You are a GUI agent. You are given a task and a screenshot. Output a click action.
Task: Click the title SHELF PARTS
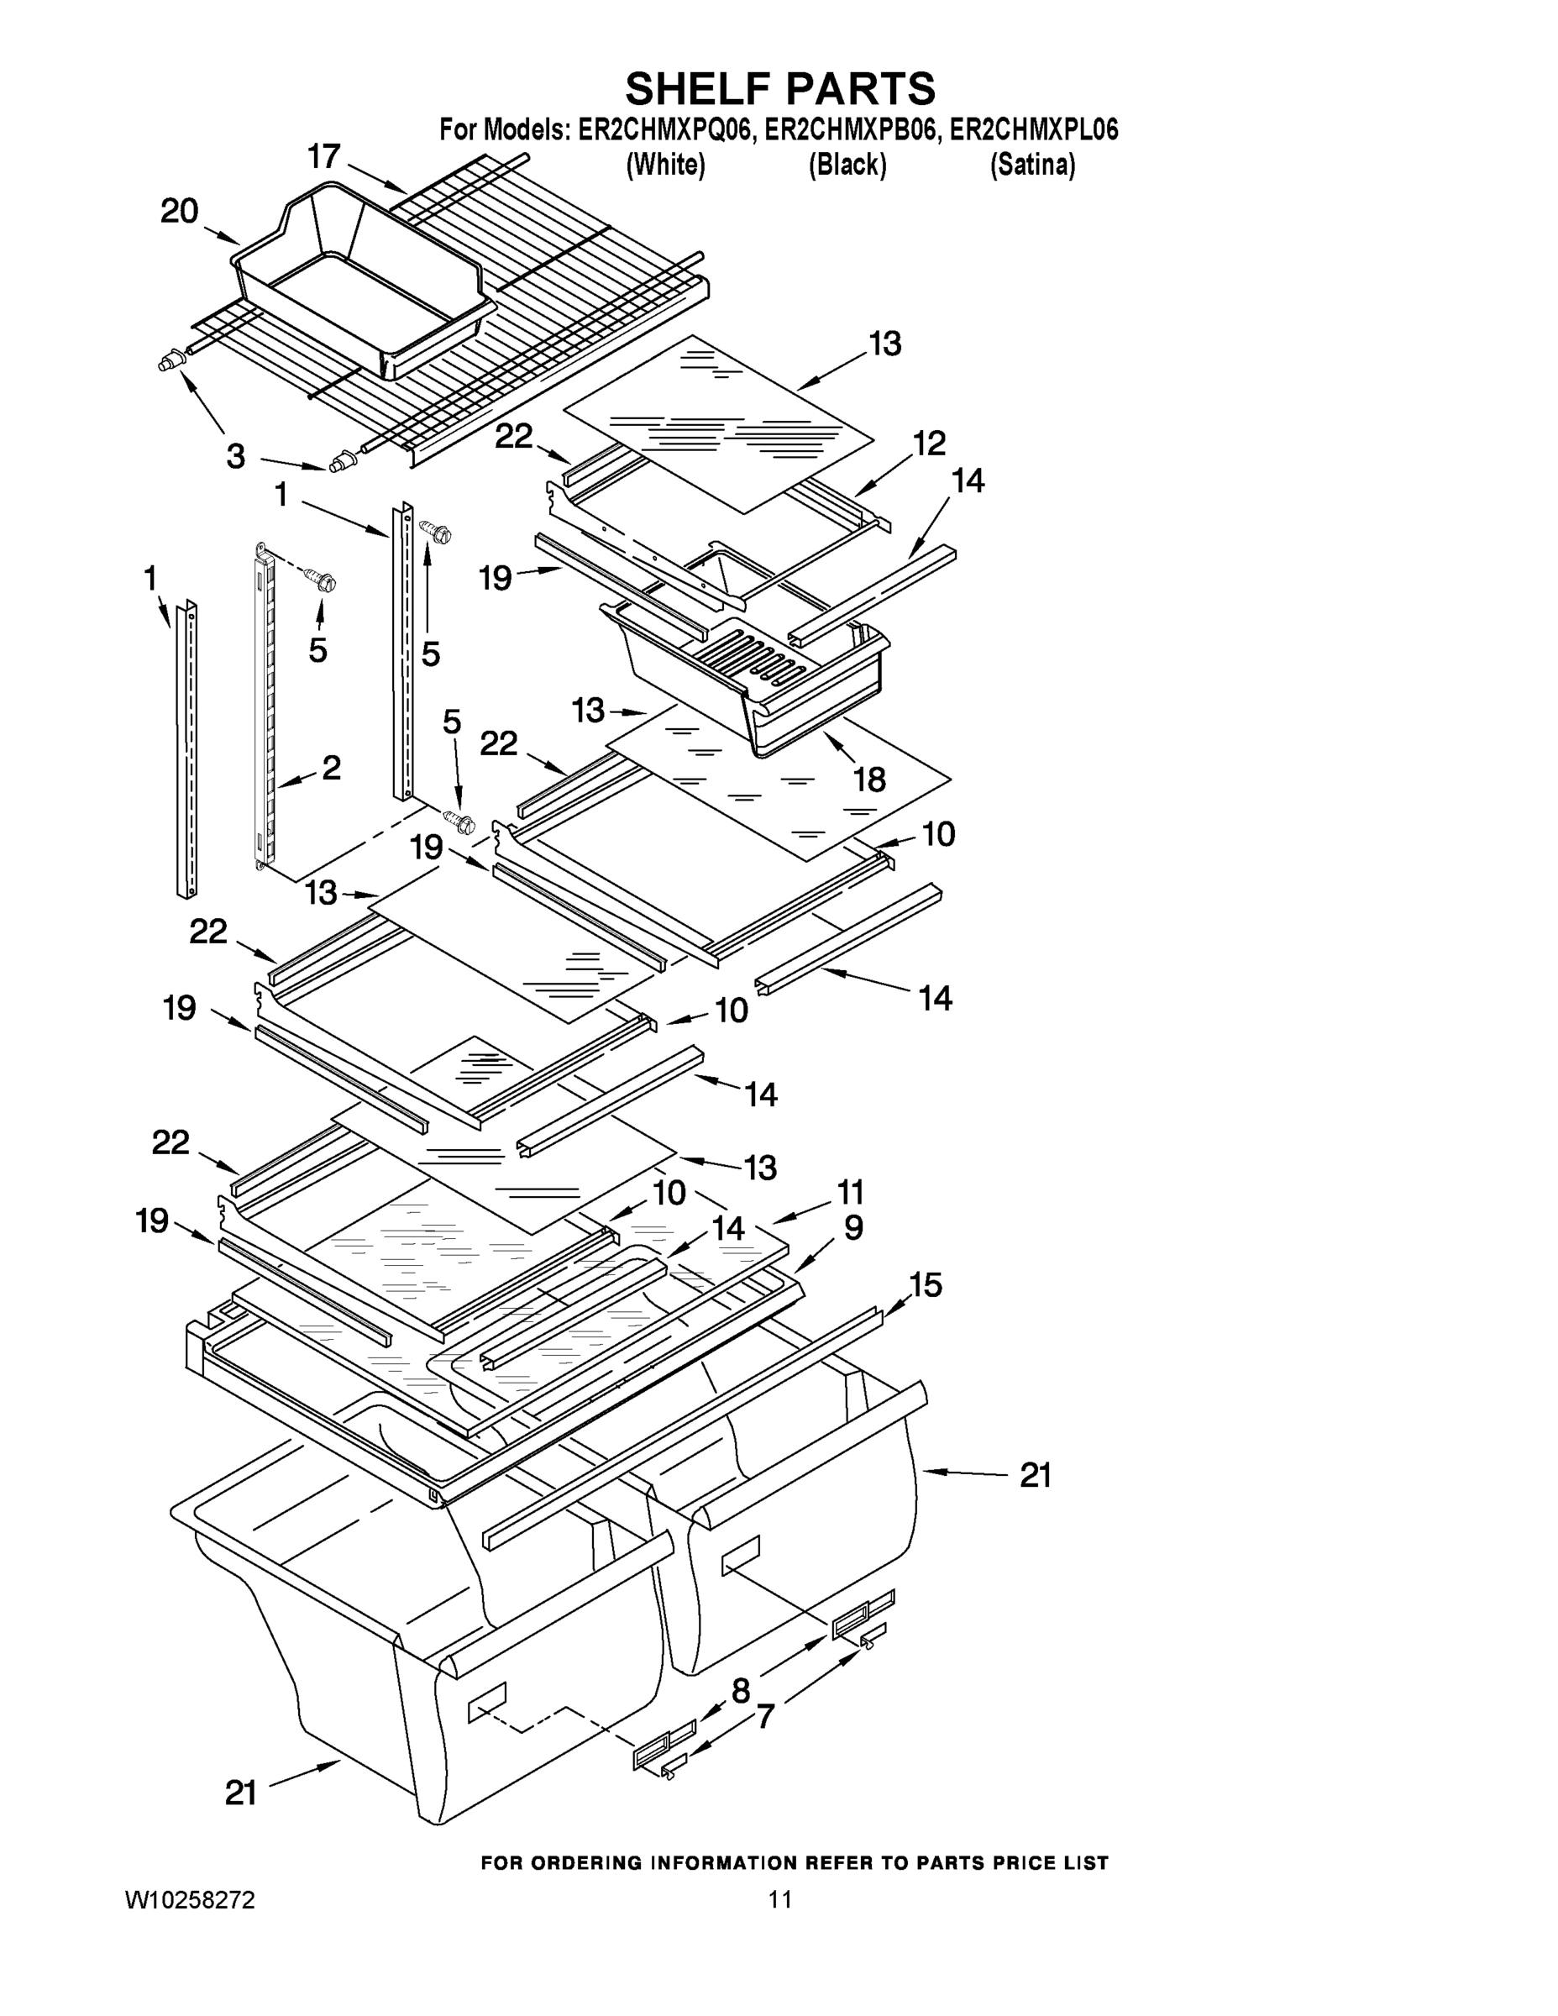pyautogui.click(x=780, y=90)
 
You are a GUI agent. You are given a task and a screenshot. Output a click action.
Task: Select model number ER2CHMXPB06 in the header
pyautogui.click(x=847, y=130)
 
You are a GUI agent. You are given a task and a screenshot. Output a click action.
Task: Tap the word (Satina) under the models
pyautogui.click(x=1032, y=165)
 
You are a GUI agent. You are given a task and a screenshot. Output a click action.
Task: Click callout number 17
pyautogui.click(x=324, y=157)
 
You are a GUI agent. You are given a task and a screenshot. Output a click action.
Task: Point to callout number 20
pyautogui.click(x=179, y=212)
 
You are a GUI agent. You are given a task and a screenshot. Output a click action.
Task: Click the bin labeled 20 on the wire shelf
pyautogui.click(x=370, y=277)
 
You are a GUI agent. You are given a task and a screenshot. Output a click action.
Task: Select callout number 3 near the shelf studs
pyautogui.click(x=236, y=456)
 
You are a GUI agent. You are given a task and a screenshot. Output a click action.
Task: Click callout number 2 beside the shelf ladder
pyautogui.click(x=330, y=767)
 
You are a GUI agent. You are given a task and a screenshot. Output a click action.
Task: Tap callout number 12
pyautogui.click(x=930, y=444)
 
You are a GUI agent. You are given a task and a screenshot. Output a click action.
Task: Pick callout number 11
pyautogui.click(x=849, y=1193)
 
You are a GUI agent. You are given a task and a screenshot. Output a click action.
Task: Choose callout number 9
pyautogui.click(x=852, y=1228)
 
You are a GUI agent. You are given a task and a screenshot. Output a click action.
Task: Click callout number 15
pyautogui.click(x=925, y=1285)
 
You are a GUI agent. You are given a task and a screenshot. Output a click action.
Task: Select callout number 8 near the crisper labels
pyautogui.click(x=740, y=1691)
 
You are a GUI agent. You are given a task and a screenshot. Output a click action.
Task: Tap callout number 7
pyautogui.click(x=764, y=1717)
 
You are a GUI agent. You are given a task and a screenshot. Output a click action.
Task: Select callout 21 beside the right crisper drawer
pyautogui.click(x=1035, y=1476)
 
